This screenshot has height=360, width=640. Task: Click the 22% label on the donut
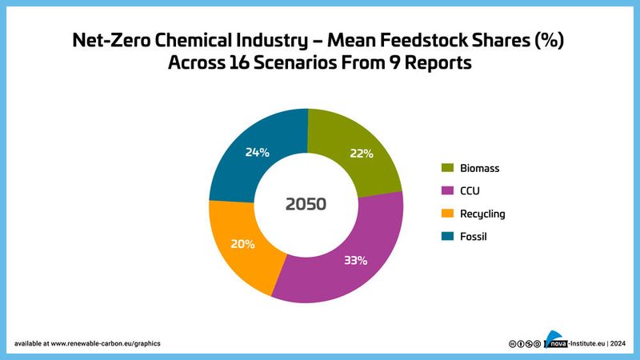point(361,154)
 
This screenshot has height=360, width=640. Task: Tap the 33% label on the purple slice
point(354,260)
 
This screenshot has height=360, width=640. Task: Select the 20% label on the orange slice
point(243,243)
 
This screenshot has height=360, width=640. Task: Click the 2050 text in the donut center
point(306,204)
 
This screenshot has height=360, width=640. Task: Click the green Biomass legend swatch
point(447,168)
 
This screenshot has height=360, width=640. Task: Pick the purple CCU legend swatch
point(447,190)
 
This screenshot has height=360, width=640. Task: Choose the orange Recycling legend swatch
point(447,214)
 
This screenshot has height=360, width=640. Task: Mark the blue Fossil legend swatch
point(447,236)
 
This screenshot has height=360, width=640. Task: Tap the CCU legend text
point(472,190)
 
